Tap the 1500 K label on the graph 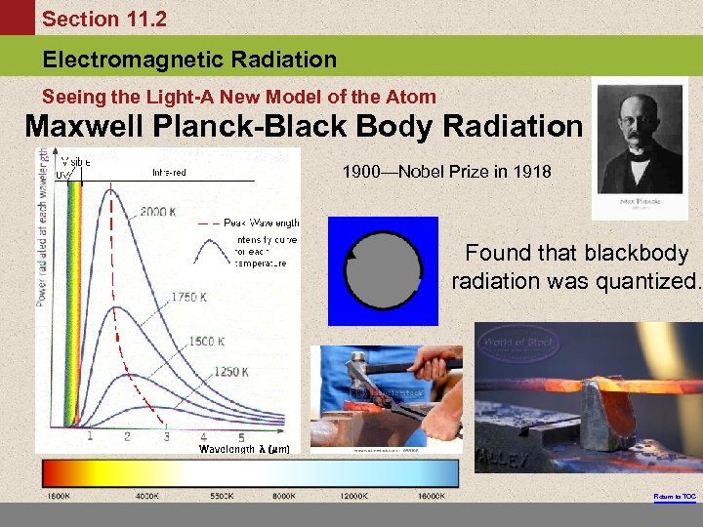(x=206, y=342)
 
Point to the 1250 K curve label (x=230, y=372)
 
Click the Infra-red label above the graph (x=169, y=174)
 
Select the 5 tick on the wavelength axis (x=241, y=436)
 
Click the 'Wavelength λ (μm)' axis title (x=243, y=449)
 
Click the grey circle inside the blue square (x=383, y=271)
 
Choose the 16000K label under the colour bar (x=431, y=497)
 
